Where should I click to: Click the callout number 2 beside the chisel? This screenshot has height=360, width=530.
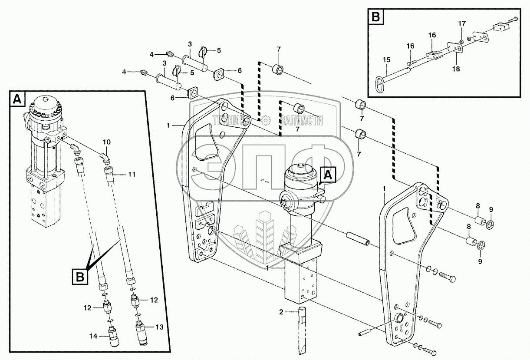[x=281, y=311]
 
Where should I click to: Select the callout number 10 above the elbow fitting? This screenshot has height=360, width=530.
[x=107, y=142]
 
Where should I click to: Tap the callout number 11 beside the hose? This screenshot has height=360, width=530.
[x=132, y=175]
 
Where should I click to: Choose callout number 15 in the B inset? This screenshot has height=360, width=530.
[x=386, y=59]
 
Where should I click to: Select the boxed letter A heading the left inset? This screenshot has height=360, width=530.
[x=16, y=100]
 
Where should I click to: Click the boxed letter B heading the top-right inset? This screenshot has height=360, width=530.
[x=375, y=17]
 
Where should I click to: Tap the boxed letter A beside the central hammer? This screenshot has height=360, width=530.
[x=328, y=175]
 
